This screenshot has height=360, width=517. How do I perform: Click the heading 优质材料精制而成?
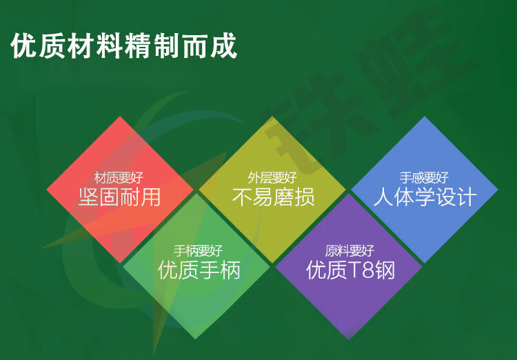pyautogui.click(x=123, y=46)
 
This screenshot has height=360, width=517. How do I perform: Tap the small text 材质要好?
pyautogui.click(x=119, y=178)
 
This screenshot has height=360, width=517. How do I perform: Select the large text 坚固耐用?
pyautogui.click(x=119, y=197)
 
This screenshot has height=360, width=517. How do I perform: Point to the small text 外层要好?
pyautogui.click(x=272, y=178)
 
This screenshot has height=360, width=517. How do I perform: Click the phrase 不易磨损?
pyautogui.click(x=273, y=197)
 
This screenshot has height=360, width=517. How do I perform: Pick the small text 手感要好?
pyautogui.click(x=425, y=178)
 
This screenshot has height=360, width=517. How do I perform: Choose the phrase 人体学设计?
pyautogui.click(x=425, y=197)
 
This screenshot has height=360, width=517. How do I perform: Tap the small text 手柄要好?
pyautogui.click(x=198, y=251)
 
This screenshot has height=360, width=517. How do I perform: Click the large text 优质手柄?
pyautogui.click(x=199, y=270)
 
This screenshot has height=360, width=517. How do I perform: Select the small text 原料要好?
pyautogui.click(x=349, y=251)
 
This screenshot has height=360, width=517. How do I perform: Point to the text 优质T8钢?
pyautogui.click(x=350, y=270)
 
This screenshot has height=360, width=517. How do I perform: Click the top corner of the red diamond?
pyautogui.click(x=120, y=116)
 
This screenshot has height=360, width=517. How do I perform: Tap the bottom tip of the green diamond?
pyautogui.click(x=195, y=339)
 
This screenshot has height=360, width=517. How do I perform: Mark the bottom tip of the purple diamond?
pyautogui.click(x=349, y=339)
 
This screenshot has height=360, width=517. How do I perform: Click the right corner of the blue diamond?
pyautogui.click(x=498, y=190)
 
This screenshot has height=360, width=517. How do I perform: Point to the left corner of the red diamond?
pyautogui.click(x=47, y=190)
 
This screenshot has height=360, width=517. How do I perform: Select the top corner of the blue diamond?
pyautogui.click(x=425, y=116)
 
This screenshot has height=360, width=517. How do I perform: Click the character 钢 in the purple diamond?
pyautogui.click(x=385, y=270)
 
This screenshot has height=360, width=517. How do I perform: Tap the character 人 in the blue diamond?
pyautogui.click(x=383, y=197)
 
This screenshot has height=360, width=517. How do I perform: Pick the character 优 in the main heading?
pyautogui.click(x=24, y=46)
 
